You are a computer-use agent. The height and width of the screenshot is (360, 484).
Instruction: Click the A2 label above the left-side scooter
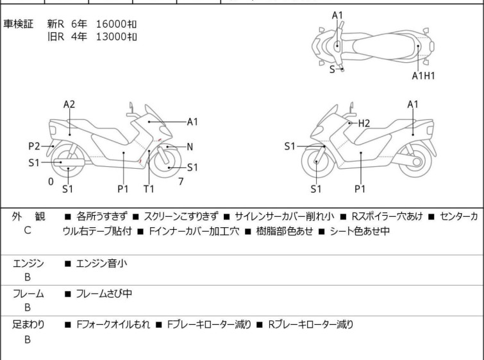(69, 105)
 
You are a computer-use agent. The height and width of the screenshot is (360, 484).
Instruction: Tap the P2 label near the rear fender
(34, 146)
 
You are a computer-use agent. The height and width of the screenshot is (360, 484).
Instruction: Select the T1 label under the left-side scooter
(149, 189)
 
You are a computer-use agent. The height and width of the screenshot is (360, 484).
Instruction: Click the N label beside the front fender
(190, 147)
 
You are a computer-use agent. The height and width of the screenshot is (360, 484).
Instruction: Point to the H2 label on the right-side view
(364, 124)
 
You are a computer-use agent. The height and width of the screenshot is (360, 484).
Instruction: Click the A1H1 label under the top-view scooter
(424, 76)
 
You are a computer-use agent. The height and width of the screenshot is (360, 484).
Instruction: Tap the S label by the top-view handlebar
(332, 69)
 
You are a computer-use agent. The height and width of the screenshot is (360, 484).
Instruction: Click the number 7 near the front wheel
(181, 182)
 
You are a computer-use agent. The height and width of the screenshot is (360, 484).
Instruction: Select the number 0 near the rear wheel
(51, 182)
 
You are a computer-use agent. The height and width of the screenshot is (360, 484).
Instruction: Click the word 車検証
(18, 24)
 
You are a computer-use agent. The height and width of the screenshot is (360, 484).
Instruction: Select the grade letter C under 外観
(28, 230)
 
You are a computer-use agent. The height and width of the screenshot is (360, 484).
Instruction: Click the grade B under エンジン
(28, 277)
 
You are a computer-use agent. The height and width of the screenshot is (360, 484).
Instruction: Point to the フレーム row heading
(28, 293)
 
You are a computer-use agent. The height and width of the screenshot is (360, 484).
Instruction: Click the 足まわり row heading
(28, 325)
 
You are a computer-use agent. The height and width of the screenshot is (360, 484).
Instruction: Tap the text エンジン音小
(101, 263)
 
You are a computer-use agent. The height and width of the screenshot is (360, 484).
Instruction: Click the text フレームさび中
(104, 293)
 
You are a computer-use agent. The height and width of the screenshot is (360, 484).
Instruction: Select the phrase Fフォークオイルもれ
(113, 325)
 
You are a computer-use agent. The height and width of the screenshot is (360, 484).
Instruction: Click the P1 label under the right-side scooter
(360, 189)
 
